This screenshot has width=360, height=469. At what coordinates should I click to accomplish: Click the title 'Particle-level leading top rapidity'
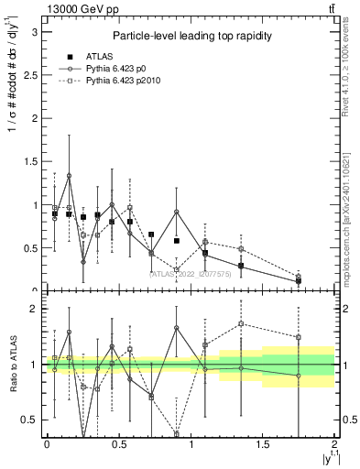click(189, 36)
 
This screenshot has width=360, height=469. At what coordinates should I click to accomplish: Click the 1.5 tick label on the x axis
click(263, 444)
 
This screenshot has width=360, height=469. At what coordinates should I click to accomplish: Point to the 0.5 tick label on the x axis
click(118, 444)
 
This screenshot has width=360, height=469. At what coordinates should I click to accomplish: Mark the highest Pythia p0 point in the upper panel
click(69, 175)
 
